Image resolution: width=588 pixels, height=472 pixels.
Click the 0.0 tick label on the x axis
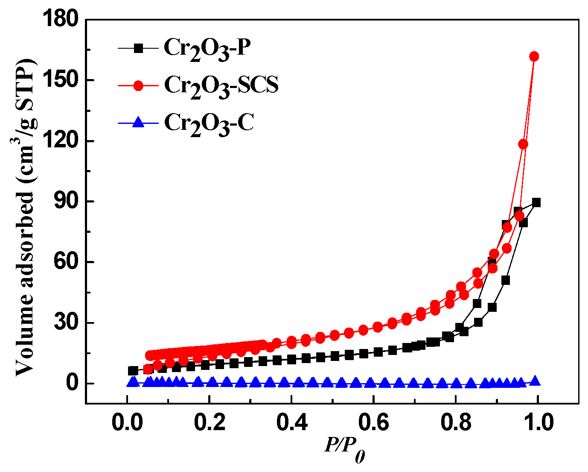click(127, 423)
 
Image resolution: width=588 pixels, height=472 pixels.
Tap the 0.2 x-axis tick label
click(210, 423)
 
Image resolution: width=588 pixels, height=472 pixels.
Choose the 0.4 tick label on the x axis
click(291, 423)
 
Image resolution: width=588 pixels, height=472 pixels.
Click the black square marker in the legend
click(138, 48)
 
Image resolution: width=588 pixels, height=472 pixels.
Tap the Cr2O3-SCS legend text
click(221, 85)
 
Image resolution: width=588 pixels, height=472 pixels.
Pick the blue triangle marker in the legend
click(138, 123)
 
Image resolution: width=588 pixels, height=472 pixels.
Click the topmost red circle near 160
click(534, 56)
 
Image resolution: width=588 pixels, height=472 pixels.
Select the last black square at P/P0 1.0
click(536, 202)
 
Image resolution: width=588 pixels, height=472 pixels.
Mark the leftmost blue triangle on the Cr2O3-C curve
click(133, 382)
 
